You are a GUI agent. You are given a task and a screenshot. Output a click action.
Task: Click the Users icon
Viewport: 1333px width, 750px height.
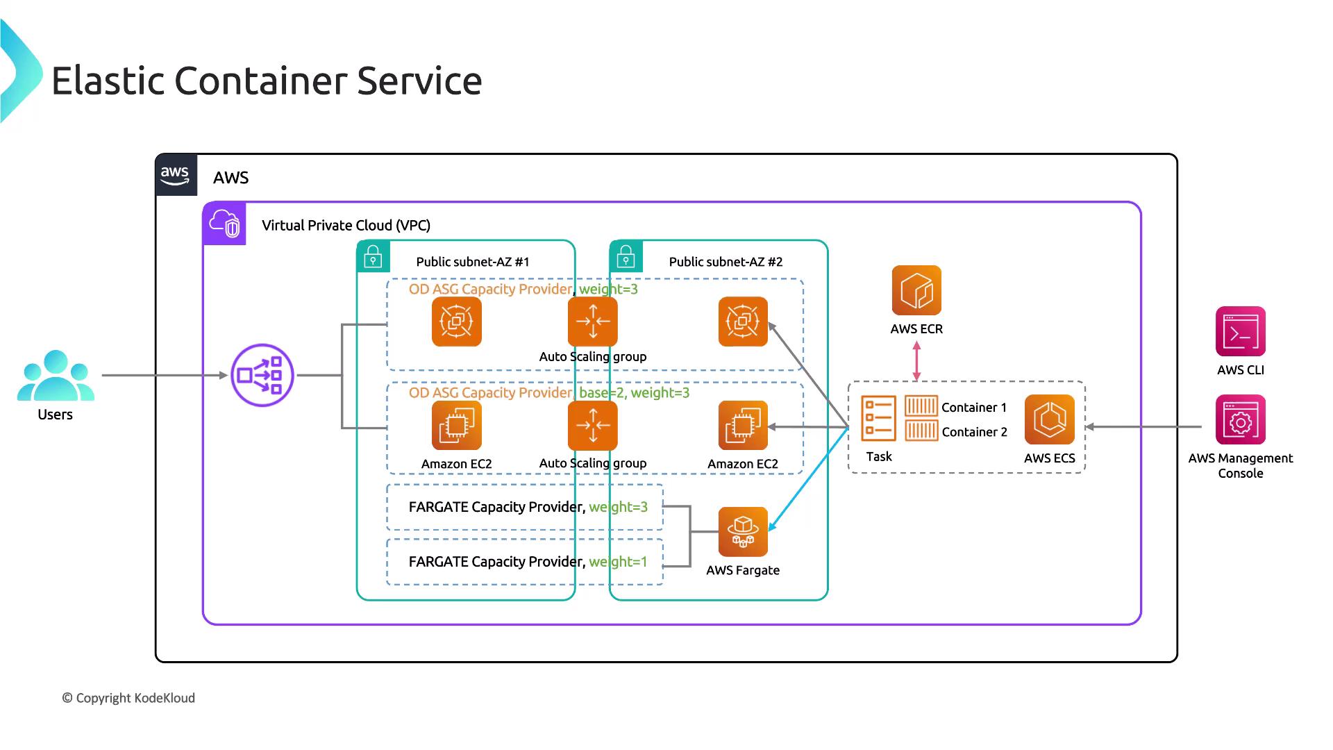56,376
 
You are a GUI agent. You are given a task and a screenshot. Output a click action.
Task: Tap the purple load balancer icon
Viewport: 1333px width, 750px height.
262,375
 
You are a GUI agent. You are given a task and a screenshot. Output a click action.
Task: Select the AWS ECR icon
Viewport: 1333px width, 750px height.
916,290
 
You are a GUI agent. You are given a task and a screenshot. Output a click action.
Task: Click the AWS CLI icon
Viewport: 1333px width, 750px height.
1240,331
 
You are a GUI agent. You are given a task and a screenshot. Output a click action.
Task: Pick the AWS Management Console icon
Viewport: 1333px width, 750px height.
1240,420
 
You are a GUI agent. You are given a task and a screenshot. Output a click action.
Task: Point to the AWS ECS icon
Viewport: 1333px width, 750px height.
1049,419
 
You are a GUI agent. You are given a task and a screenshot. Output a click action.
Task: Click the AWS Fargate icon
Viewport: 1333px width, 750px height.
743,532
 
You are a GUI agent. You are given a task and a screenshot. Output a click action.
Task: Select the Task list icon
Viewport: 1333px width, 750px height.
878,419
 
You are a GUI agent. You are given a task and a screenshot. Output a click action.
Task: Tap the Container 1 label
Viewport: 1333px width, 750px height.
973,408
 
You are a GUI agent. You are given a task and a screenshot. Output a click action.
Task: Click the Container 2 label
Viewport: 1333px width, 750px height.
974,432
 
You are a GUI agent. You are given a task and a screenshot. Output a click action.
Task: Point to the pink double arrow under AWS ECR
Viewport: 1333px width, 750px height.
916,361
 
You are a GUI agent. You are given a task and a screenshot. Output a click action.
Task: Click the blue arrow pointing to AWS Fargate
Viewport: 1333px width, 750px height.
809,479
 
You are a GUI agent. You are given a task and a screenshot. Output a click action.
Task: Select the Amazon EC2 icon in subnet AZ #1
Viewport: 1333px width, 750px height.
456,426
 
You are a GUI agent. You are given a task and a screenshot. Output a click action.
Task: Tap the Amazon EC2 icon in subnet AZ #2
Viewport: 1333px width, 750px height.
743,426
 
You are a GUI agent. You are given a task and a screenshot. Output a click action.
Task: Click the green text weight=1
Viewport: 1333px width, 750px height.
618,562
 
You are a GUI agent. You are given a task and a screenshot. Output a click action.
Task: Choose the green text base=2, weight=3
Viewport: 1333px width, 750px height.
634,393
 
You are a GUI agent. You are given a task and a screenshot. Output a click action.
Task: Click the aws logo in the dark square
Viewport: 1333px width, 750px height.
175,175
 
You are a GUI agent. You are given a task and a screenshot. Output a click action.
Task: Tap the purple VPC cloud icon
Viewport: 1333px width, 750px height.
224,224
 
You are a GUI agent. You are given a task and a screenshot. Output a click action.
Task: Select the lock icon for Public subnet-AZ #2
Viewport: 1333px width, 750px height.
626,256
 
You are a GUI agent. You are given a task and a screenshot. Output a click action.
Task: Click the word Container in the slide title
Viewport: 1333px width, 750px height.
265,81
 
